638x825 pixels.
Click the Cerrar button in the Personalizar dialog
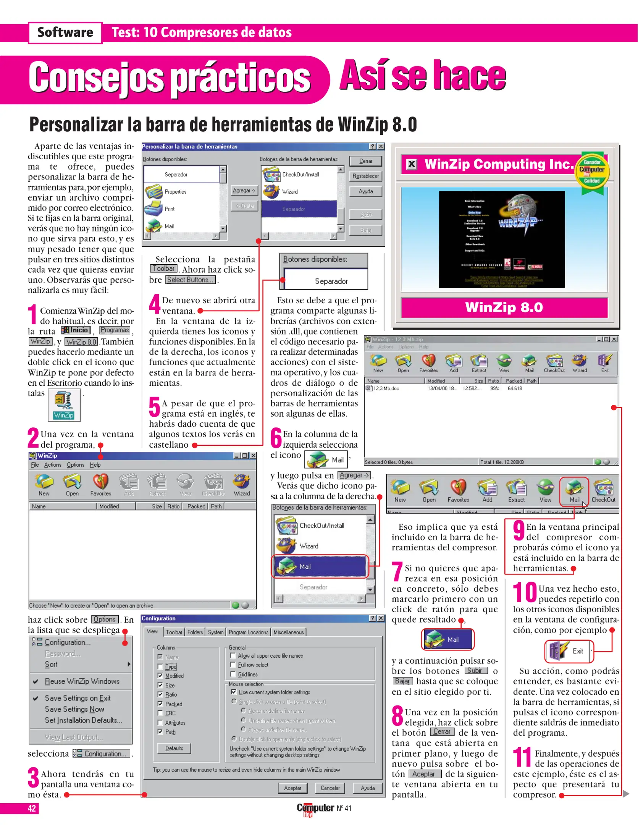pyautogui.click(x=365, y=161)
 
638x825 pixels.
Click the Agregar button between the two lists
pyautogui.click(x=244, y=190)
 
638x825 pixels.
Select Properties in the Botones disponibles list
pyautogui.click(x=175, y=192)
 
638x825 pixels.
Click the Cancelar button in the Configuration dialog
pyautogui.click(x=330, y=788)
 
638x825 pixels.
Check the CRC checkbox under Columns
pyautogui.click(x=160, y=713)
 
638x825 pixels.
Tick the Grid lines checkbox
pyautogui.click(x=233, y=674)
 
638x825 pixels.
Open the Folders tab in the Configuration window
pyautogui.click(x=195, y=632)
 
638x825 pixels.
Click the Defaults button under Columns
pyautogui.click(x=174, y=748)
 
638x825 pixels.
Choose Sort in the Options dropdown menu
pyautogui.click(x=51, y=665)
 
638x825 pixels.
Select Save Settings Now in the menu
pyautogui.click(x=74, y=709)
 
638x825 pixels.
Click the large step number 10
pyautogui.click(x=525, y=592)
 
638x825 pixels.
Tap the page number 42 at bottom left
pyautogui.click(x=32, y=808)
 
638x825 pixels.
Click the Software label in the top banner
pyautogui.click(x=65, y=32)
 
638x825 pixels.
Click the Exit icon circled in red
pyautogui.click(x=569, y=651)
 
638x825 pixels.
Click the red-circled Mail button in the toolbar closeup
pyautogui.click(x=574, y=491)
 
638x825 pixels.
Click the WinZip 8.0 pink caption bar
pyautogui.click(x=504, y=307)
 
